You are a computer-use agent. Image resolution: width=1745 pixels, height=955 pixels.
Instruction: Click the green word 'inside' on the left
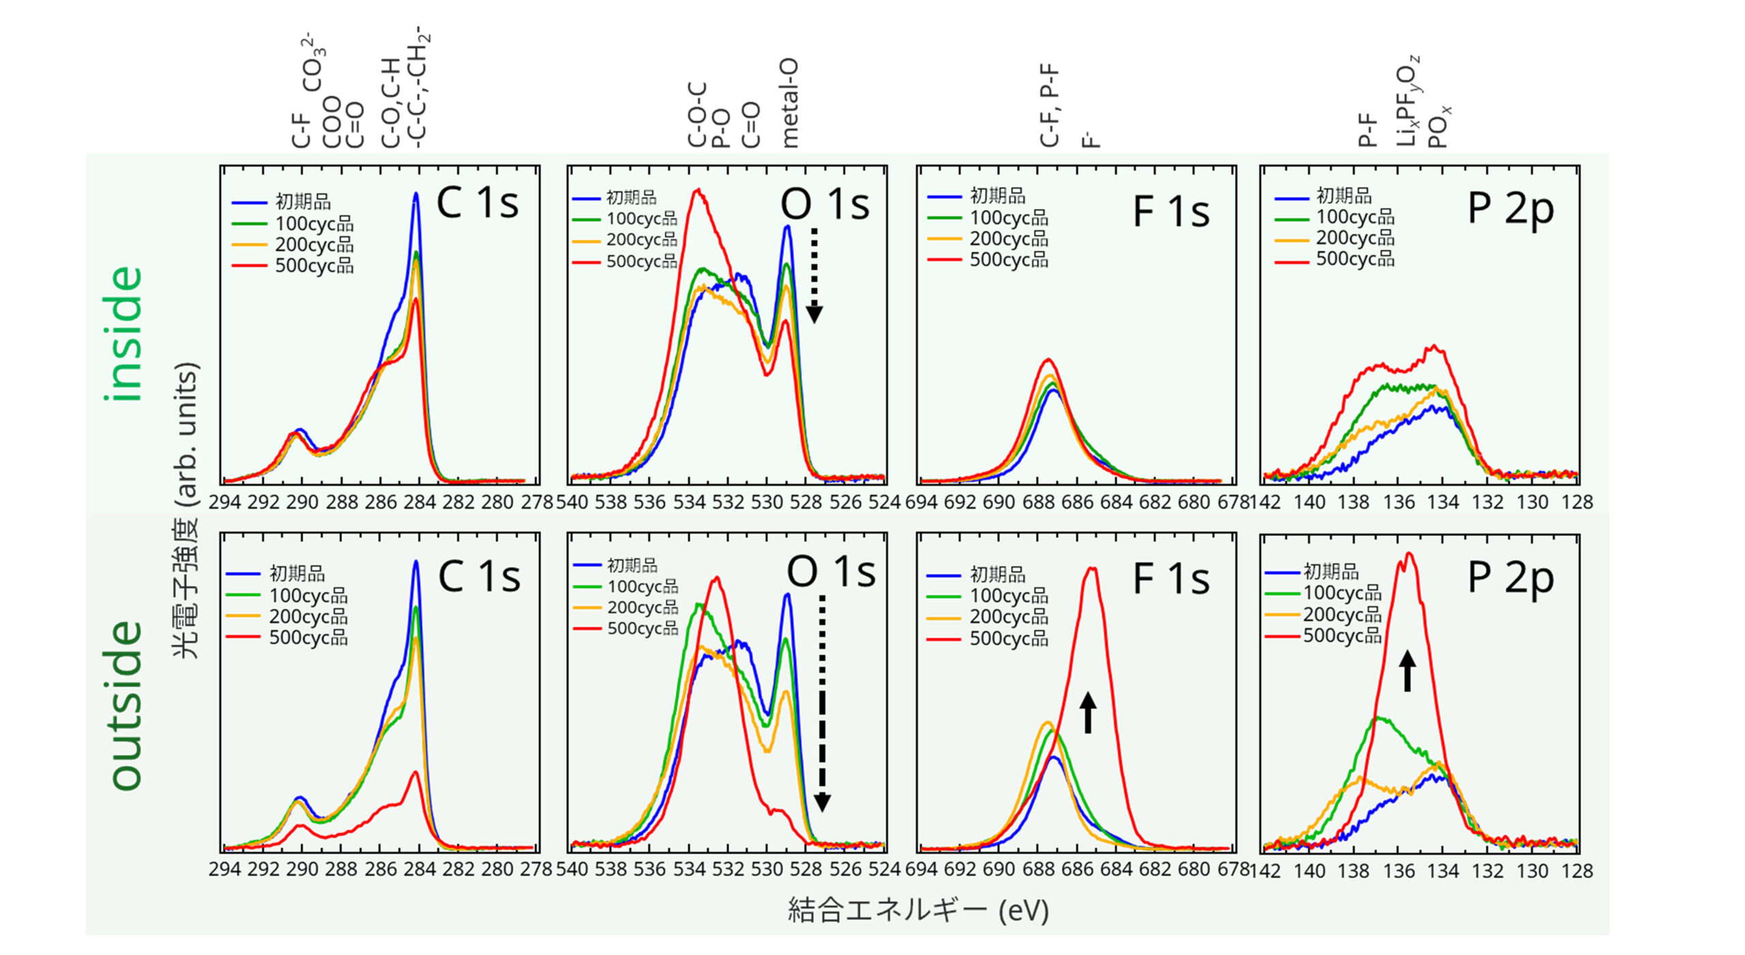[x=123, y=333]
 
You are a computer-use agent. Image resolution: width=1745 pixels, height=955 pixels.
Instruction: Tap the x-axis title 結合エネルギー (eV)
[x=917, y=910]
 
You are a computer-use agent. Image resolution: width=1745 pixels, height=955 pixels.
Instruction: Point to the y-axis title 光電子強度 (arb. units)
[x=186, y=511]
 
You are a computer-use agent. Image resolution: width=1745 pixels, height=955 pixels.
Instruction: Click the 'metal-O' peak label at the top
[x=789, y=104]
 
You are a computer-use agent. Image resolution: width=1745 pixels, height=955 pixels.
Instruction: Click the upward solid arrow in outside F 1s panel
[x=1088, y=713]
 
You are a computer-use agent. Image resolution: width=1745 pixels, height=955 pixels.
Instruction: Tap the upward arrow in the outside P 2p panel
[x=1407, y=671]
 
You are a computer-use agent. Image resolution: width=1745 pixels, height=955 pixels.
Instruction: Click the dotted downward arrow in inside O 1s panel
[x=814, y=275]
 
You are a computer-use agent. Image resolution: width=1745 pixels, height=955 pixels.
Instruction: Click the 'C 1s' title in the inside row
[x=477, y=202]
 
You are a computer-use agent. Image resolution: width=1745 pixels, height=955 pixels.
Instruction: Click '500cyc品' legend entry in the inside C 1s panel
[x=314, y=266]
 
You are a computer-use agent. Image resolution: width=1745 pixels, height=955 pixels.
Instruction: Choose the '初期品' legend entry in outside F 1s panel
[x=997, y=574]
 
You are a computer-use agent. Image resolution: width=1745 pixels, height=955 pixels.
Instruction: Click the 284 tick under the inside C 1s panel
[x=419, y=503]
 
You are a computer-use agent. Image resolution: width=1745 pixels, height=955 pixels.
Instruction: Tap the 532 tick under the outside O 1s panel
[x=728, y=870]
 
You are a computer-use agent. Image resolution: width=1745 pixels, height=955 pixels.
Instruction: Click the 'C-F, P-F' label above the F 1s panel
[x=1049, y=106]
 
